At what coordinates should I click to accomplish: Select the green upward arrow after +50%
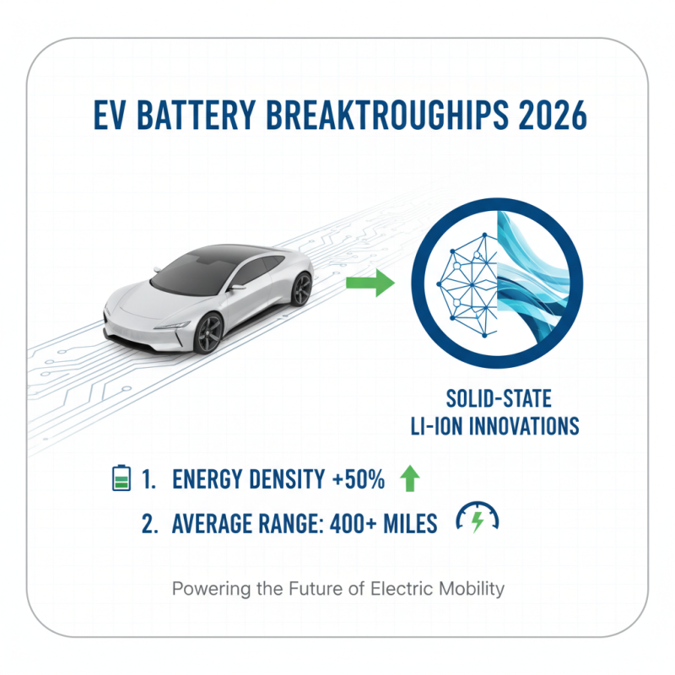(x=408, y=479)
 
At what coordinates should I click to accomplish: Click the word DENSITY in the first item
(x=283, y=480)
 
